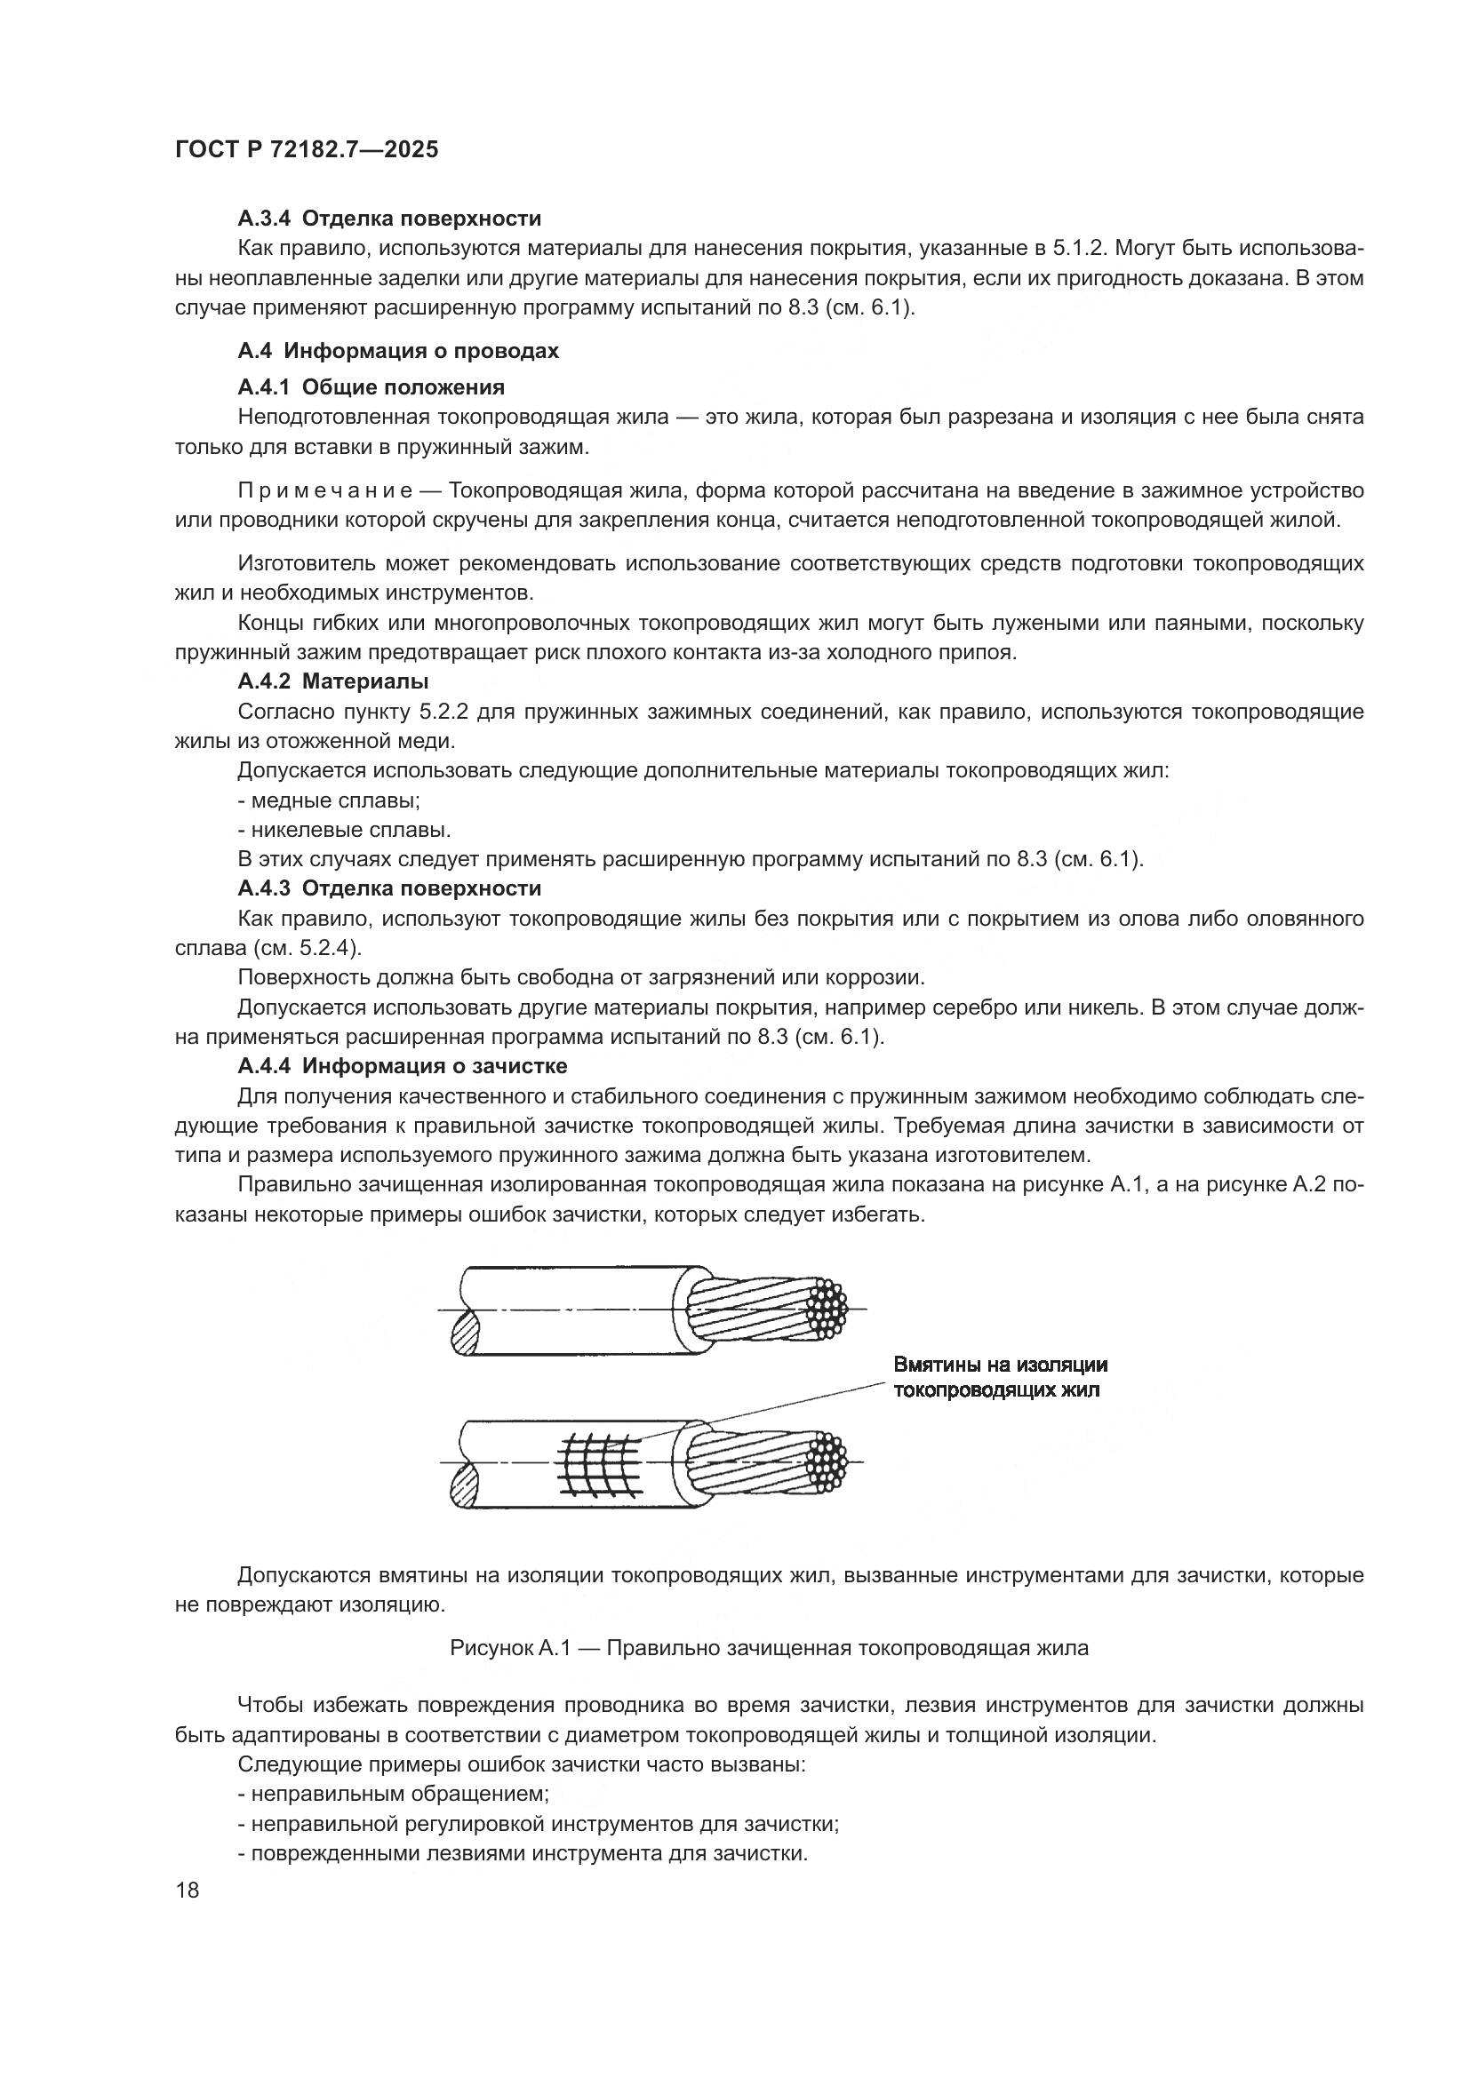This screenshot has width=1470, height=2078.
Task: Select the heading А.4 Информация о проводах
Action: (398, 351)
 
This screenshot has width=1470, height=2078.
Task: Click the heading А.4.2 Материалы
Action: (333, 681)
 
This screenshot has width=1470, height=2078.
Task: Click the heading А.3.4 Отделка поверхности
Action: (389, 219)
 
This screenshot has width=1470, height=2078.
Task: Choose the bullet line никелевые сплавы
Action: (344, 830)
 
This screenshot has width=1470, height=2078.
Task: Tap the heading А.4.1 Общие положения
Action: (371, 387)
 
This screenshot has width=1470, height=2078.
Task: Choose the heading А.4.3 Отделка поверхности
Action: (389, 888)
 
